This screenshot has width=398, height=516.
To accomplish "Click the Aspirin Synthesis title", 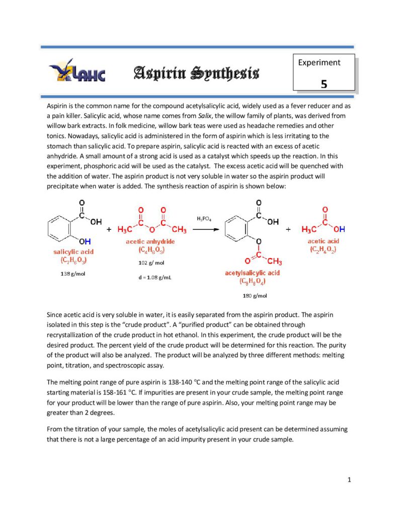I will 196,74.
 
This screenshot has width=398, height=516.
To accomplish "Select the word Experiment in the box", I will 319,63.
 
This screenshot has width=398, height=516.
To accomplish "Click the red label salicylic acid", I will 73,251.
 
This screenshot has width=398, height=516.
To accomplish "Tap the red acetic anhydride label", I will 150,242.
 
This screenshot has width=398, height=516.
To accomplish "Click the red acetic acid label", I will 324,241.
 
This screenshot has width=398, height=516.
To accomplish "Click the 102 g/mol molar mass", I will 151,263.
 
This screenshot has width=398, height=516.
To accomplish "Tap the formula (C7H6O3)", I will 73,260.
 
